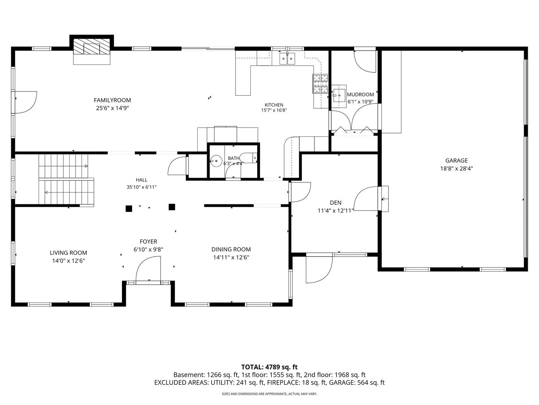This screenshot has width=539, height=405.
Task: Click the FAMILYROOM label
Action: click(112, 100)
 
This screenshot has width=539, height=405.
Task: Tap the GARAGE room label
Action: click(457, 160)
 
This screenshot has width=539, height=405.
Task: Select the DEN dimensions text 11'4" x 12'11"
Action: click(335, 210)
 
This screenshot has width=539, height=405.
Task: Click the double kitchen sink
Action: click(287, 58)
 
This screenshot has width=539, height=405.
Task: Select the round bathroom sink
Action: click(216, 161)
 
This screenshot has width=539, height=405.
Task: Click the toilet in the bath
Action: click(249, 158)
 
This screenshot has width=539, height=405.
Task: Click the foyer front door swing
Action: click(147, 268)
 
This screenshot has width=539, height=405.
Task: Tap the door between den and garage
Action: click(366, 198)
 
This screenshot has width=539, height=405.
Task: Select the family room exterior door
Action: click(25, 102)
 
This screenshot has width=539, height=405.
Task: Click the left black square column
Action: click(129, 208)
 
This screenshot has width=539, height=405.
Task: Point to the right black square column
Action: click(172, 207)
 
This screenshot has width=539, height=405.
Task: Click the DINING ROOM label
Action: click(231, 249)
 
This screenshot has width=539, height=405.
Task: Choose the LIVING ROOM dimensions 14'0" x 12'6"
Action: click(68, 261)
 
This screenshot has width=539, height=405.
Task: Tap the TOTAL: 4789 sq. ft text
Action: click(269, 367)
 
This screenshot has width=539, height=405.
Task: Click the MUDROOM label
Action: click(360, 94)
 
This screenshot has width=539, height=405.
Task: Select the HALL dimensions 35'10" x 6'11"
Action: click(141, 187)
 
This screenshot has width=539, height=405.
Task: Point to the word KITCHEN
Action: click(274, 105)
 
